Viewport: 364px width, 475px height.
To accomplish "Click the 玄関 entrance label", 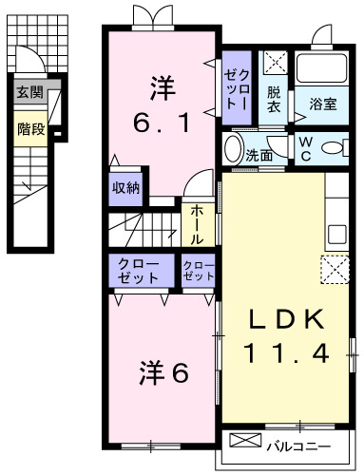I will (x=29, y=92).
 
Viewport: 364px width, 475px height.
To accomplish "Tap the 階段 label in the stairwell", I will (x=30, y=128).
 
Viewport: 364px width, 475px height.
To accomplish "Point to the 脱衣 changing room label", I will (x=274, y=100).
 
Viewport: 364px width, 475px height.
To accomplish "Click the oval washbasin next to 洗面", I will (x=233, y=150).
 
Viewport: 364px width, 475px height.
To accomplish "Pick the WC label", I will (x=306, y=149).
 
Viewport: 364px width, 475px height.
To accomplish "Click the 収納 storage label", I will (x=125, y=188).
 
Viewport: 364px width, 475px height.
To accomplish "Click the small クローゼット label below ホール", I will (x=198, y=271).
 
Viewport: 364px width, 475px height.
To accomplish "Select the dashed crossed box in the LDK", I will (x=335, y=270).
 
